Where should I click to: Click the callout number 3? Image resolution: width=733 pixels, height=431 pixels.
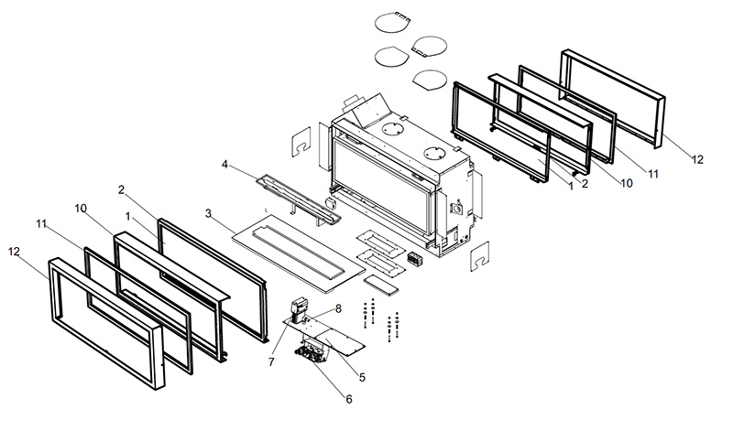click(x=209, y=214)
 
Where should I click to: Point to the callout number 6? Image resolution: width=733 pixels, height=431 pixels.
click(x=349, y=398)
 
